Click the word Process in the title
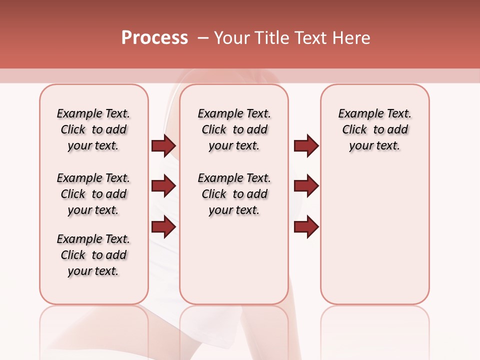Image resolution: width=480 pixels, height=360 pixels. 154,38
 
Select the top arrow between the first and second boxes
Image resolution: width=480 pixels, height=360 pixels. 163,145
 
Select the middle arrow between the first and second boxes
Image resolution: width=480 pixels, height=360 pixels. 163,186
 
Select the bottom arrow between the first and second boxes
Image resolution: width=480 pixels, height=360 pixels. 163,227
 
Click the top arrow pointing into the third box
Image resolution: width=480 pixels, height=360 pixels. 306,145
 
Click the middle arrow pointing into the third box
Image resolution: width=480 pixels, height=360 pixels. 306,186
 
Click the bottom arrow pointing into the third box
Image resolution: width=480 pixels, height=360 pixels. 306,227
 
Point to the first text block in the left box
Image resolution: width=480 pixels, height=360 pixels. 93,129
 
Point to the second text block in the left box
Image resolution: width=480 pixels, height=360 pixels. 93,194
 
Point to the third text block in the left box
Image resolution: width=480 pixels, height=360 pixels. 93,255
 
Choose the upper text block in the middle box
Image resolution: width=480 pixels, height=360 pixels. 234,129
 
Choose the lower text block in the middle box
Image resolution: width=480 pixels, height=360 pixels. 234,194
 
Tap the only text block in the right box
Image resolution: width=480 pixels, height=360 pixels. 374,129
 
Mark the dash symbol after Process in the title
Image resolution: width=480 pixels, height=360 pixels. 203,38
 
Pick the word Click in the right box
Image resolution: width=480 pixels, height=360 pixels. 354,130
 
